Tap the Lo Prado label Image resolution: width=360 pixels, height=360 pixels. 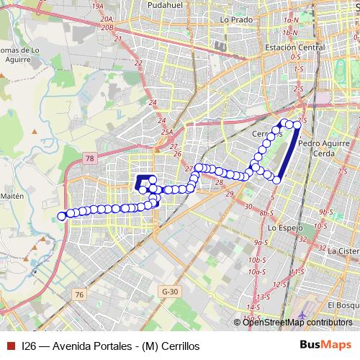click(234, 19)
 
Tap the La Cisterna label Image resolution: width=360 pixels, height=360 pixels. click(343, 251)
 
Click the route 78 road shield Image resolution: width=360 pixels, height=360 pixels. click(89, 158)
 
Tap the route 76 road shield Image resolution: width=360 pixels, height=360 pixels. click(79, 294)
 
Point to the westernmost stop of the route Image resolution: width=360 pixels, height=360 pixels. click(61, 215)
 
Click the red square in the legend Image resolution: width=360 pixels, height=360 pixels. click(10, 346)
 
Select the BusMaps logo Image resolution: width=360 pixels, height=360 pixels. click(325, 345)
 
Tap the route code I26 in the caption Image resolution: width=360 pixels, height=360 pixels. click(29, 346)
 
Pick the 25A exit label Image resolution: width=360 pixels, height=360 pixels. click(168, 132)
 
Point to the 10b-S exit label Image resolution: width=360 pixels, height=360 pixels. click(253, 259)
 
